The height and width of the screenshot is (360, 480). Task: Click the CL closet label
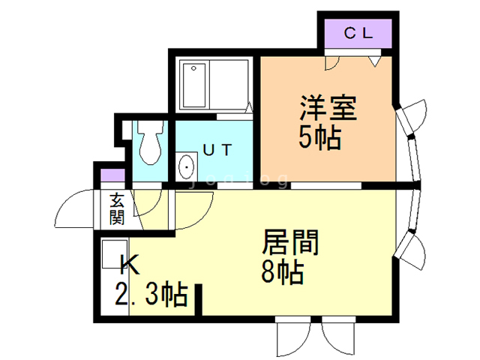[357, 32]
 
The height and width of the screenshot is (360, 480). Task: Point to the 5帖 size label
[319, 138]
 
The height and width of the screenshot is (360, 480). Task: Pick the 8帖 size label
[283, 271]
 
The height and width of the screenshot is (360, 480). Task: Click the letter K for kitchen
[130, 264]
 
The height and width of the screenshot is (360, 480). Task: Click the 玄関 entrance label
[116, 209]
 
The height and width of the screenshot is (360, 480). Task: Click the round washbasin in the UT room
[186, 166]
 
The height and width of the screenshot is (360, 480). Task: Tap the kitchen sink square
[115, 253]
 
